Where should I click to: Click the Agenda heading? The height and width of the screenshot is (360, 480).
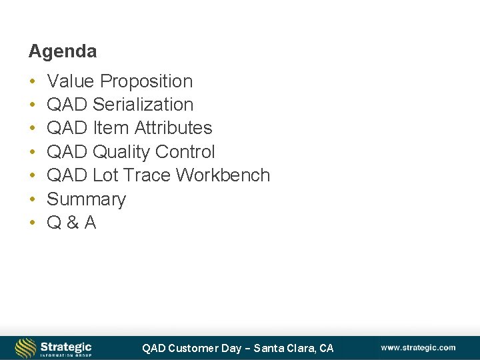[x=62, y=51]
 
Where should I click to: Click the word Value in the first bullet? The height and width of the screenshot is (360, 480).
[x=71, y=81]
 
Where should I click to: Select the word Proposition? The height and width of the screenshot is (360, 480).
[x=146, y=81]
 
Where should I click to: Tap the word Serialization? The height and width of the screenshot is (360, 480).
[x=143, y=105]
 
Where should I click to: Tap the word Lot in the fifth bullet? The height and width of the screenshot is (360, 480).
[x=105, y=175]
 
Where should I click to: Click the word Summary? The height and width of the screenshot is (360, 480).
[x=86, y=199]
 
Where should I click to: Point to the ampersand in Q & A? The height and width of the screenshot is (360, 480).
[x=71, y=223]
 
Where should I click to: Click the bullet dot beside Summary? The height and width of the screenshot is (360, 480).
[x=32, y=199]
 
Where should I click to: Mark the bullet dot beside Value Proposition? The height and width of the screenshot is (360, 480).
[x=32, y=81]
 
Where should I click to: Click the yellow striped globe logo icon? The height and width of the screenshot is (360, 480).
[x=25, y=348]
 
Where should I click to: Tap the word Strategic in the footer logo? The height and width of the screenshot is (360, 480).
[x=65, y=346]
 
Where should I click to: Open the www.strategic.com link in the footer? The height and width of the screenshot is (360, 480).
[x=418, y=347]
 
